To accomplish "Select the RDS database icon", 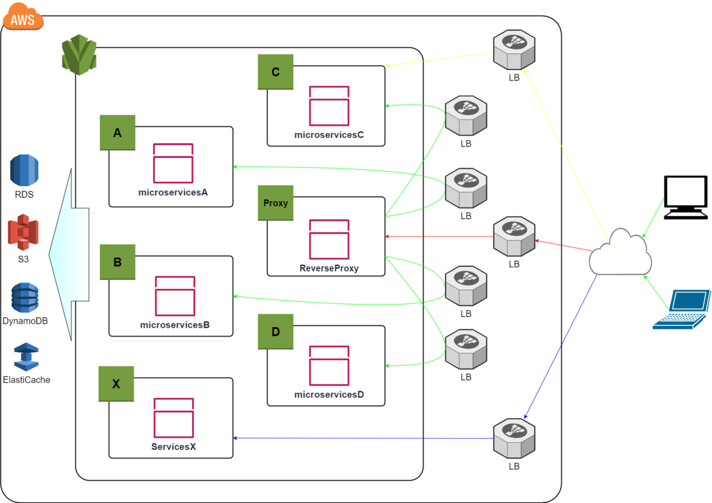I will (24, 170).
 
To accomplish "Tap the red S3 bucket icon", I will (23, 233).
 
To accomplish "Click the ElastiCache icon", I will (26, 358).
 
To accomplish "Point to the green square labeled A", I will (117, 132).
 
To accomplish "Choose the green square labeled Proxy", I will (276, 203).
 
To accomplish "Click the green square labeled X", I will (116, 384).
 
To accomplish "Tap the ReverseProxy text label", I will (329, 268).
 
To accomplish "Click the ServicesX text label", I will (173, 447).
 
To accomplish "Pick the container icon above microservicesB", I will (175, 296).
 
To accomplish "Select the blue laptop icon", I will (682, 309).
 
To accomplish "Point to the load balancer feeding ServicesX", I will (514, 438).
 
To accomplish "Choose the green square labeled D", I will (276, 331).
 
